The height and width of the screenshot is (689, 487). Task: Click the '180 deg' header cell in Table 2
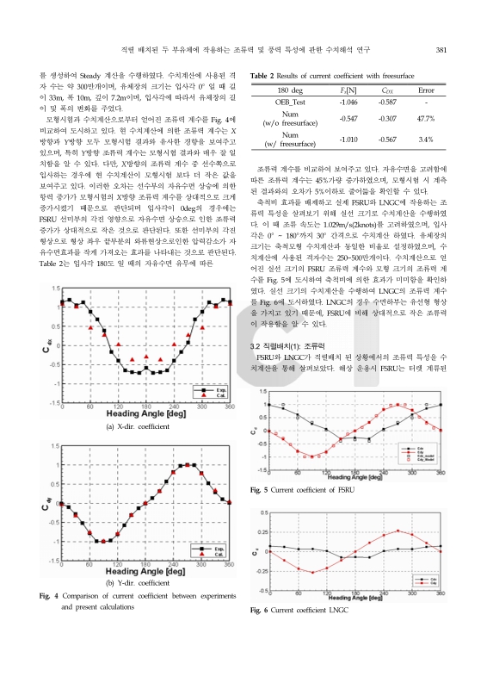tap(291, 89)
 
